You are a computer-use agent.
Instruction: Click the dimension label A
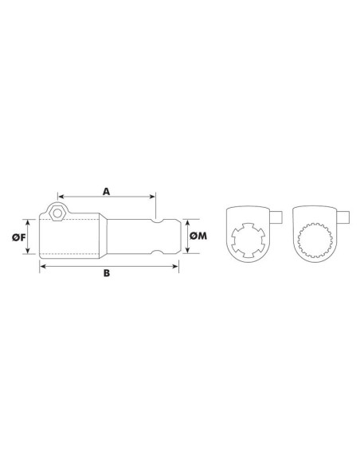(106, 191)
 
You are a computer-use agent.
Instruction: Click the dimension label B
(106, 275)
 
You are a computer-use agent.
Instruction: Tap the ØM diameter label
(199, 236)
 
